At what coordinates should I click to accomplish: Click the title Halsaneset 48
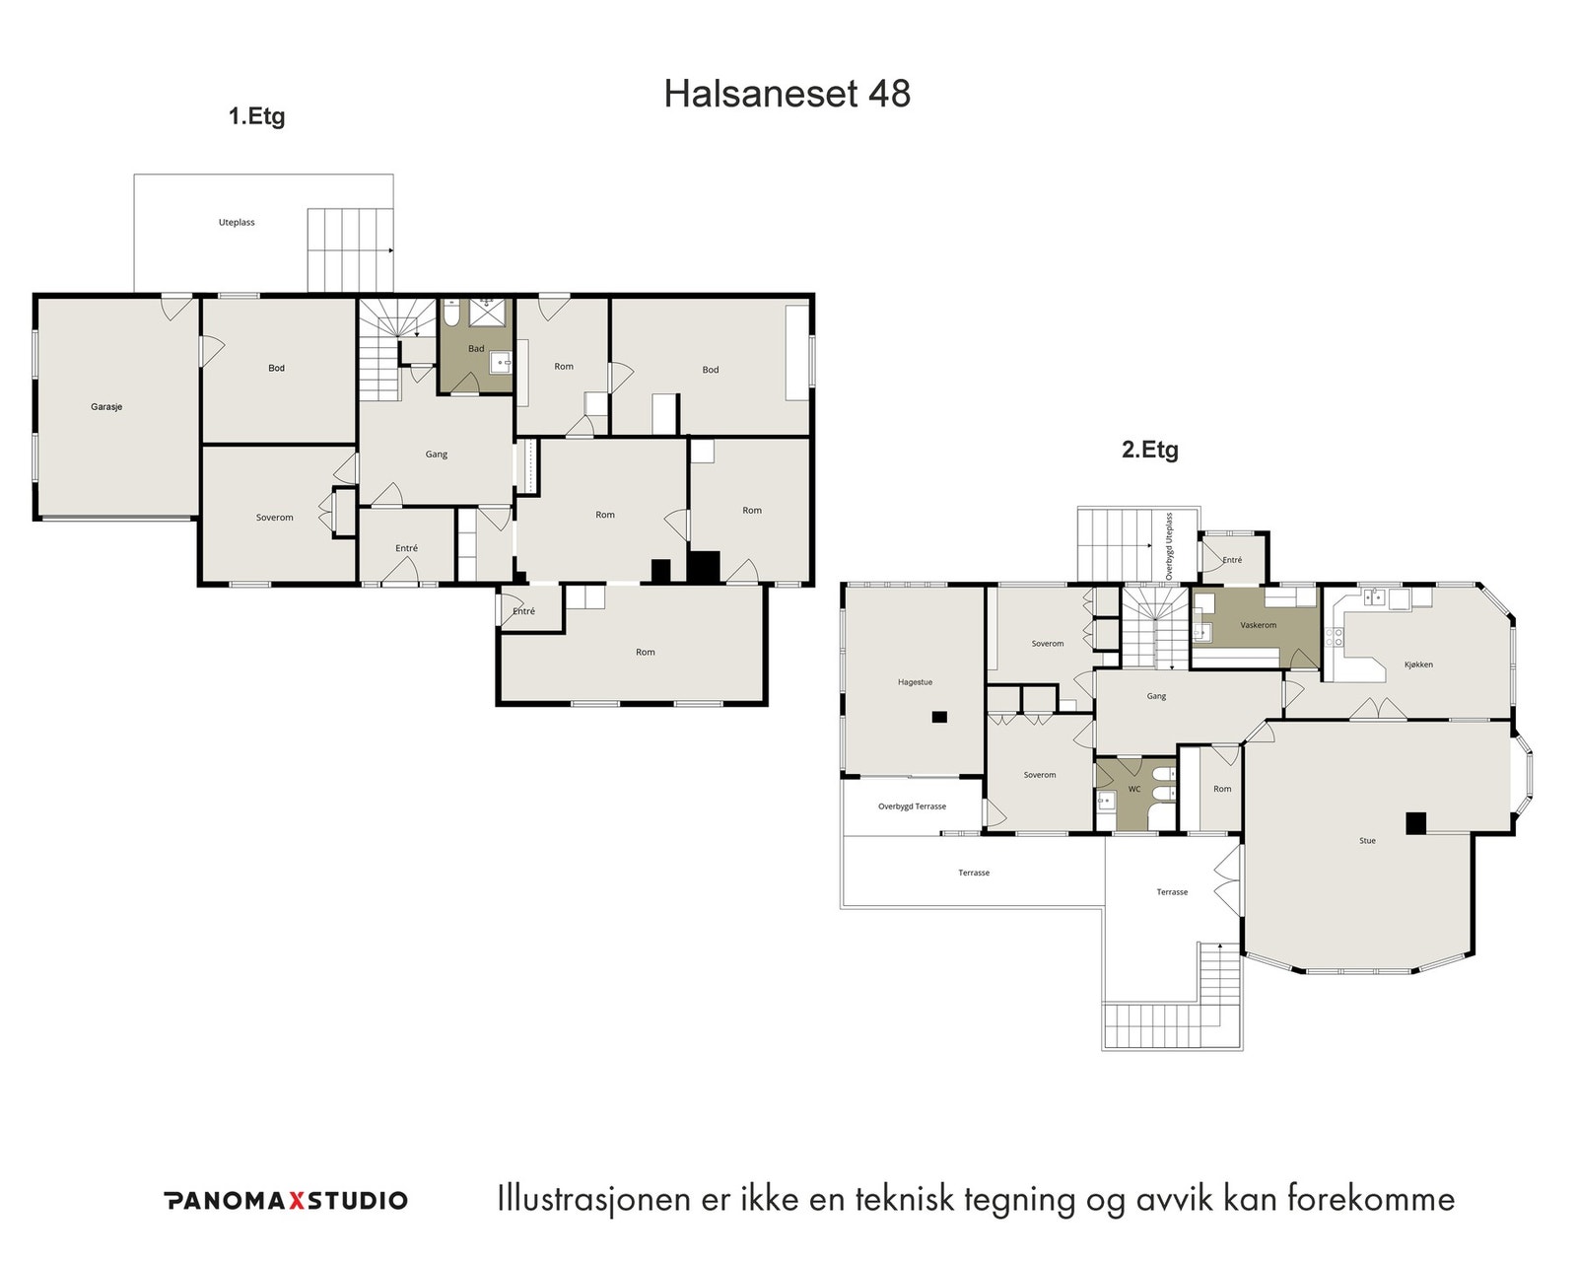coord(788,94)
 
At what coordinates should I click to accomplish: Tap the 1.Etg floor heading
coord(256,116)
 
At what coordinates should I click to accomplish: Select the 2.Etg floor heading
coord(1150,450)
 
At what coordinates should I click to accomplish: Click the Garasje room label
coord(106,407)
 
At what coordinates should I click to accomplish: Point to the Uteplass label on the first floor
coord(236,222)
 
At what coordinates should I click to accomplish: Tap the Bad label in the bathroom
coord(476,348)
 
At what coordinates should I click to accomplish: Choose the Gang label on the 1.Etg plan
coord(436,455)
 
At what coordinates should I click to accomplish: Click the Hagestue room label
coord(916,682)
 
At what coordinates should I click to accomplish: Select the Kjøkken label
coord(1418,665)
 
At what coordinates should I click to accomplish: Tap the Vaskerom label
coord(1259,625)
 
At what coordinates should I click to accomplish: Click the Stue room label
coord(1367,841)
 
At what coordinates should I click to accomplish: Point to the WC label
coord(1134,789)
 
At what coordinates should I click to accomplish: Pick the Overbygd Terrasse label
coord(912,806)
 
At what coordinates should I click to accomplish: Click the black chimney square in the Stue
coord(1415,823)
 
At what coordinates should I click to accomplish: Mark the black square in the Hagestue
coord(939,717)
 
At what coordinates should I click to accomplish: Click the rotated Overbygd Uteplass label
coord(1170,546)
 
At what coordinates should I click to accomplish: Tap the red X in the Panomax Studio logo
coord(296,1201)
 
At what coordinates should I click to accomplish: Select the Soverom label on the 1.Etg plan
coord(275,518)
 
